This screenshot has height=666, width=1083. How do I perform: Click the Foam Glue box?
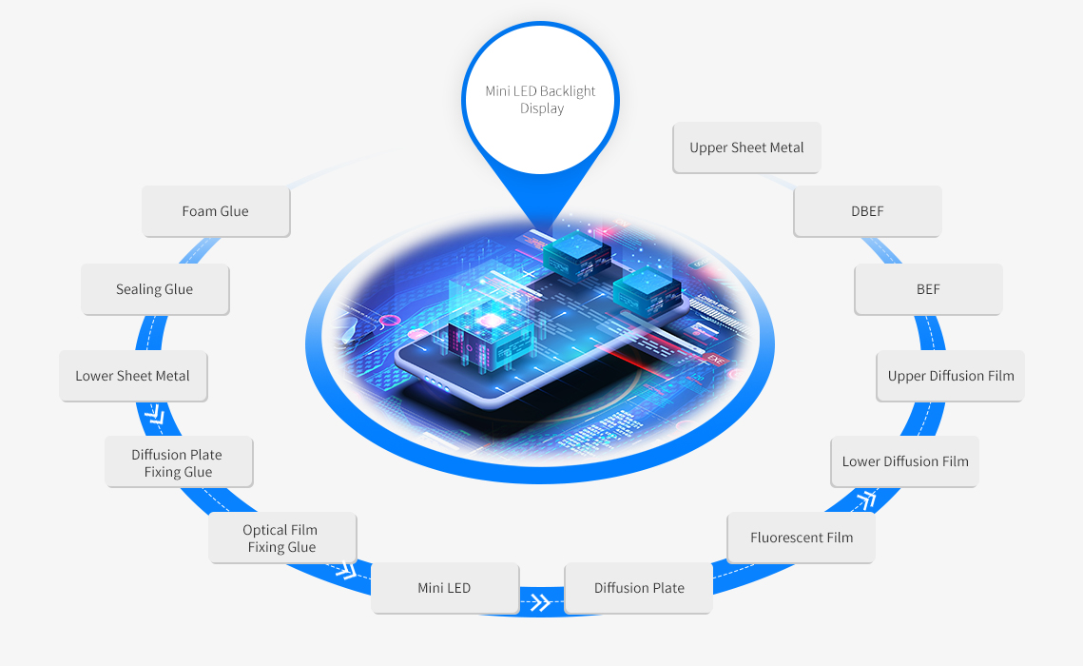(x=216, y=211)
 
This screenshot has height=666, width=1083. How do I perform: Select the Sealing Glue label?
(x=155, y=289)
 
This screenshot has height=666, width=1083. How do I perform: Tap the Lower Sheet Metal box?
(x=133, y=376)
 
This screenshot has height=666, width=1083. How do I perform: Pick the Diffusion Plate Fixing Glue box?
(x=178, y=462)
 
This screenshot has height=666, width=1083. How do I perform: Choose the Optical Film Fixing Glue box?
(x=281, y=539)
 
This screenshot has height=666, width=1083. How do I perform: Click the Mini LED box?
(x=444, y=588)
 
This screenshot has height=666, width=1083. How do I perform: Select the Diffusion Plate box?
(x=639, y=588)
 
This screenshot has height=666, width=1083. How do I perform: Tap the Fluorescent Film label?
(x=801, y=538)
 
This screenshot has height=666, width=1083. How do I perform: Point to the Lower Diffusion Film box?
(x=904, y=461)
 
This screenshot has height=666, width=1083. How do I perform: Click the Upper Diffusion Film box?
(x=950, y=376)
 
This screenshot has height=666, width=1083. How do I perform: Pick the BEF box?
(x=928, y=289)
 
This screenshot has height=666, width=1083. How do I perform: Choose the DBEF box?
(x=867, y=211)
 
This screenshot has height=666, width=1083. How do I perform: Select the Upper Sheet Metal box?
(x=746, y=147)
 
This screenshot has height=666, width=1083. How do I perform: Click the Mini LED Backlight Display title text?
(x=541, y=100)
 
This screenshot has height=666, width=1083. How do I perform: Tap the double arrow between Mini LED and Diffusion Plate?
(x=541, y=601)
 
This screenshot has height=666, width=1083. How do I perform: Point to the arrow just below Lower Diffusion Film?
(x=866, y=498)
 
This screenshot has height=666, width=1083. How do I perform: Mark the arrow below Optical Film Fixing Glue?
(x=345, y=570)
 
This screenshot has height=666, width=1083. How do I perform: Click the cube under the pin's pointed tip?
(x=577, y=252)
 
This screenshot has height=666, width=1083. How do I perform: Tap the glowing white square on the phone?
(x=493, y=321)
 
